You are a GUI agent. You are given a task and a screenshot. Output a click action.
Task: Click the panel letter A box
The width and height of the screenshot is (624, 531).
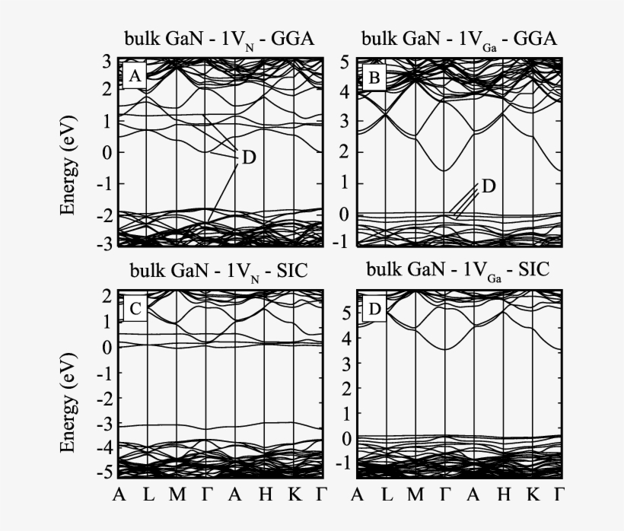(134, 75)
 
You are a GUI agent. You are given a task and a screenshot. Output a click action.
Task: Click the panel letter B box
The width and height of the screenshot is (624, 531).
(374, 76)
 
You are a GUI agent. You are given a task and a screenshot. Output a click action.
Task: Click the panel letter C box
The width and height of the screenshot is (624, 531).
(134, 309)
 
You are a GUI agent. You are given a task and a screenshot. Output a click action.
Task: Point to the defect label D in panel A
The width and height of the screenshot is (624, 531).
(249, 158)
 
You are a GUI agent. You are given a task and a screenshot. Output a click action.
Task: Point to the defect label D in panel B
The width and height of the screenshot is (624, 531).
(489, 186)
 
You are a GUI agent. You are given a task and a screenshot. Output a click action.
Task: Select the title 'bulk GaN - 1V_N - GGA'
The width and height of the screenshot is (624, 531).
(221, 40)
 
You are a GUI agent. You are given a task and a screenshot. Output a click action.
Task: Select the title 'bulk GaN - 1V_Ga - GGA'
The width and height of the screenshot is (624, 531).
(459, 40)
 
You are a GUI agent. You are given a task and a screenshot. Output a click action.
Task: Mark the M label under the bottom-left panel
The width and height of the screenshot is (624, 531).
(177, 495)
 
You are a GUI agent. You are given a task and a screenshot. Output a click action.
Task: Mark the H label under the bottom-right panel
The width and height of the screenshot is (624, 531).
(503, 495)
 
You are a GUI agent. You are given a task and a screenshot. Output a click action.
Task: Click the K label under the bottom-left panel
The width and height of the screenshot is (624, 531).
(294, 495)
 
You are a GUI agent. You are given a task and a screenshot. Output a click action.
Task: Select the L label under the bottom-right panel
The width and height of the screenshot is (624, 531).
(386, 495)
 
